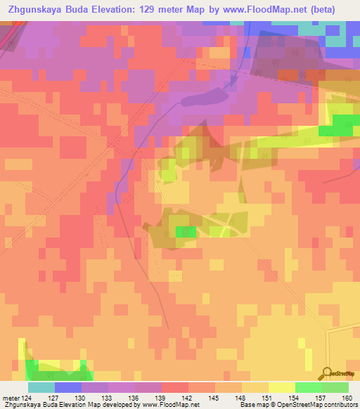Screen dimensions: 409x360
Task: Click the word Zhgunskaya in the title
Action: [x=36, y=9]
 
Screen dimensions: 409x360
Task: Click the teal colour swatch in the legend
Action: [x=41, y=388]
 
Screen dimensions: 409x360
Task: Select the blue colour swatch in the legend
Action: [x=68, y=388]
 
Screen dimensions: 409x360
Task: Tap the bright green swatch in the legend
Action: [x=309, y=388]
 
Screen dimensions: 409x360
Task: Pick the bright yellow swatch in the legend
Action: [x=282, y=388]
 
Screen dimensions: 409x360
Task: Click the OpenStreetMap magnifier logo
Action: [x=326, y=372]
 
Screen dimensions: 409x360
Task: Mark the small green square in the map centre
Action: [x=186, y=231]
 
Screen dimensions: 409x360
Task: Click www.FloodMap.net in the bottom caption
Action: [x=169, y=404]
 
